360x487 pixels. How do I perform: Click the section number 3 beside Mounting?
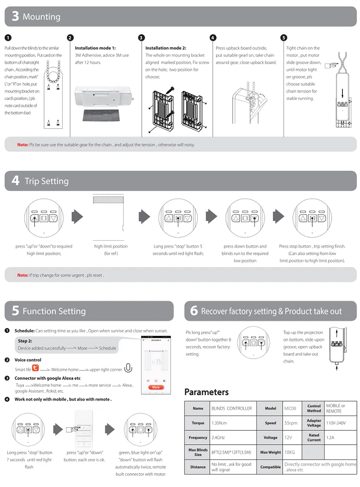15,17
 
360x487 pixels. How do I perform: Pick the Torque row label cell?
198,423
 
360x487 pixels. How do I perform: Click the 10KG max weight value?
289,452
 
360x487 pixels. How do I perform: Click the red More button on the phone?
156,387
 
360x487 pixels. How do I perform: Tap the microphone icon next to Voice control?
128,368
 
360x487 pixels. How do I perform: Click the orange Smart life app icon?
36,368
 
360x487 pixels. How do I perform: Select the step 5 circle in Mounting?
283,38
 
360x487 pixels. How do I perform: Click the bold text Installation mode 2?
166,48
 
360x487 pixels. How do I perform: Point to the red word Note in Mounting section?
22,145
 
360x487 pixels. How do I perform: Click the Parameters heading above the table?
207,392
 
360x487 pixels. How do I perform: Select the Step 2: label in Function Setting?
25,341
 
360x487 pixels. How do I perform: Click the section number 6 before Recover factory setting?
194,311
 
